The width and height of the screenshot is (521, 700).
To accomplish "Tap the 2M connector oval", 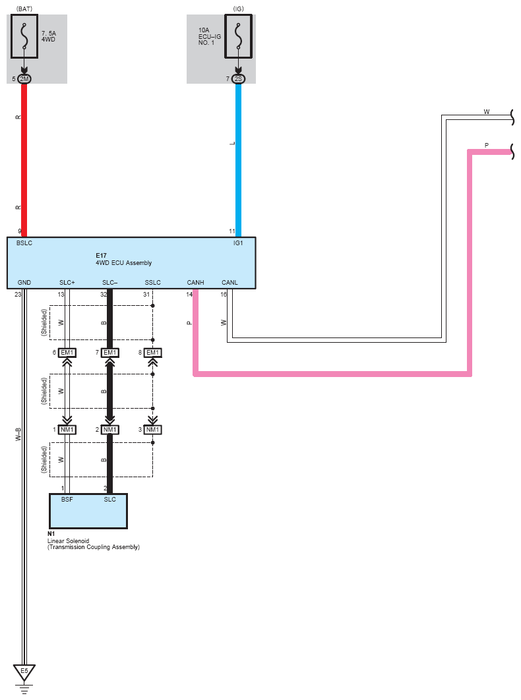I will click(x=24, y=79).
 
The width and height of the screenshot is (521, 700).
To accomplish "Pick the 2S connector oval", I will click(x=238, y=79).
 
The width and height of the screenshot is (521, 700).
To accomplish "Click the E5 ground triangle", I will click(x=24, y=672).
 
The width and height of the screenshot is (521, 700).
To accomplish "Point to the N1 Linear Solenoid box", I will click(x=88, y=511).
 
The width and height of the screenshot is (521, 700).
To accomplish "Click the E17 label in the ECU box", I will click(x=101, y=254).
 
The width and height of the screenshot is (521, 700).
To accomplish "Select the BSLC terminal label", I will click(x=24, y=243).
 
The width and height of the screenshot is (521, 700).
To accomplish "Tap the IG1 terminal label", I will click(x=237, y=243).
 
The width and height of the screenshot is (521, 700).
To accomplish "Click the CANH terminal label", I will click(x=195, y=283).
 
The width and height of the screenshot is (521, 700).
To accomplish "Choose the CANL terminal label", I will click(x=230, y=283).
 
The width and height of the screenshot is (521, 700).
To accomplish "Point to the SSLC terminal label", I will click(x=152, y=283).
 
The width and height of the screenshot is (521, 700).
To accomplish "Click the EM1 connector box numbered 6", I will click(x=67, y=353).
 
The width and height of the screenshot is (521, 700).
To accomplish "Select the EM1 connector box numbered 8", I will click(x=152, y=353).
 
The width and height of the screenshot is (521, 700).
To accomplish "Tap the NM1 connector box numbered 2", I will click(x=109, y=430).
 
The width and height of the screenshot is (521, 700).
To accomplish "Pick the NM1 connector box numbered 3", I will click(x=152, y=430).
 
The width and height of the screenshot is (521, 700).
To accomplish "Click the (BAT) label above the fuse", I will click(x=24, y=8).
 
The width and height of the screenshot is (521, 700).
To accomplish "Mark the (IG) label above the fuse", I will click(x=238, y=8).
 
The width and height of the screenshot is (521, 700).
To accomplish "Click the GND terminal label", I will click(x=24, y=283).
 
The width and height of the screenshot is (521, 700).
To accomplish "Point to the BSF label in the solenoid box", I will click(x=67, y=500).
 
